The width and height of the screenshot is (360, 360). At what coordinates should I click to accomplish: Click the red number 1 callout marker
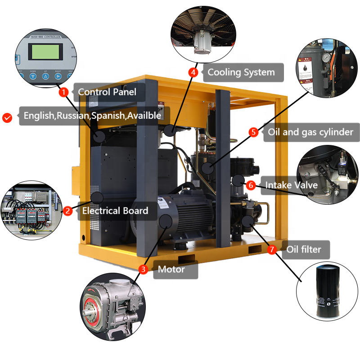[64, 92]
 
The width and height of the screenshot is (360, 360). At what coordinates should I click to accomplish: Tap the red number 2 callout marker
[67, 211]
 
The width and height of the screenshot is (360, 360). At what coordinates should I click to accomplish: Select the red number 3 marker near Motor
[143, 270]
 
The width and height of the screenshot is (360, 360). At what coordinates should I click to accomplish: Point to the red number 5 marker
[254, 132]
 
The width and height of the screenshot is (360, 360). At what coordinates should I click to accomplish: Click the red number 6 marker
[252, 185]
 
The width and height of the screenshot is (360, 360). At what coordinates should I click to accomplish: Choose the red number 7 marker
[272, 249]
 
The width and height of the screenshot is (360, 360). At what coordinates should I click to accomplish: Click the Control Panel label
[107, 92]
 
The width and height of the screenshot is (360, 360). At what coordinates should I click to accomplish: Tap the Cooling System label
[241, 72]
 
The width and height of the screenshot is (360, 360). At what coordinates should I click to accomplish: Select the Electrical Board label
[115, 211]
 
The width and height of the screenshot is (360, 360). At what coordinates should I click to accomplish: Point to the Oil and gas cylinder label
[311, 132]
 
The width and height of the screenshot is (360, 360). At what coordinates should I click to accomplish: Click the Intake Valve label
[291, 185]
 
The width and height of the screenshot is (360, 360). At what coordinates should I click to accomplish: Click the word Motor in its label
[171, 270]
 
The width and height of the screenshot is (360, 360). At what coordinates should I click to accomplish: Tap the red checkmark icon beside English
[7, 117]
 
